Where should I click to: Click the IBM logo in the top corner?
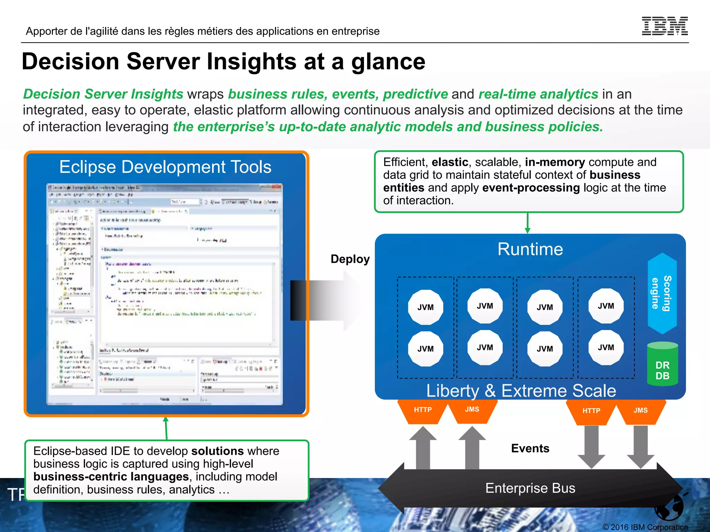(665, 26)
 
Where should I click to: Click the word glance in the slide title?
(388, 62)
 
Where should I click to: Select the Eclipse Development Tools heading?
(165, 167)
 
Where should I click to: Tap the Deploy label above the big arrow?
(350, 259)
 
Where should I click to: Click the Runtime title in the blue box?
(530, 249)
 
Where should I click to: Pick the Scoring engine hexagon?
(662, 293)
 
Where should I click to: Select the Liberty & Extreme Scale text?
(521, 391)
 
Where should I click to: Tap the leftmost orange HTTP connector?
(423, 410)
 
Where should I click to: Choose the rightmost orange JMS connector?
(640, 411)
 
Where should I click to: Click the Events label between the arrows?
(530, 449)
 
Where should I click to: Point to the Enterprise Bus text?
(530, 488)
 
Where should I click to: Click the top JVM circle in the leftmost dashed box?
(425, 307)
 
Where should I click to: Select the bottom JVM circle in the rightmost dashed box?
(606, 347)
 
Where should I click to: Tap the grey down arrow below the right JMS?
(640, 447)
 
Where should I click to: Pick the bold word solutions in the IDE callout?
(217, 451)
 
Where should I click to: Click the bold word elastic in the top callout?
(450, 162)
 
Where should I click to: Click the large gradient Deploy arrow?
(326, 300)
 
